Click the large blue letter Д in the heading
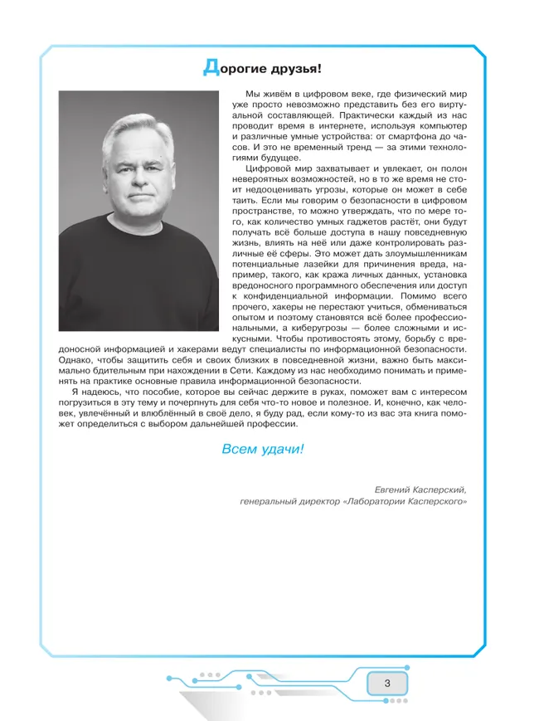pos(210,67)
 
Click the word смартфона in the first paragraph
pos(412,134)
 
